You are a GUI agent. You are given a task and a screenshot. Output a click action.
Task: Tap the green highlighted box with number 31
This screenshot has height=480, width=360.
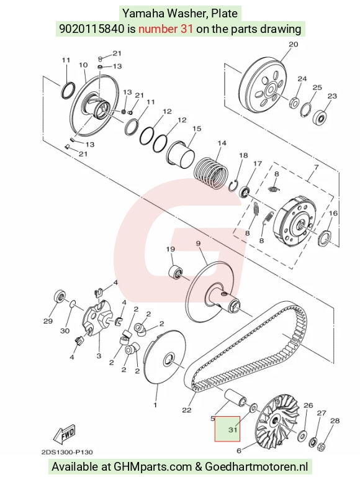point(227,428)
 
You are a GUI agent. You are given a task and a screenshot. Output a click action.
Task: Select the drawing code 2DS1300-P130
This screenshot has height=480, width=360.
point(67,452)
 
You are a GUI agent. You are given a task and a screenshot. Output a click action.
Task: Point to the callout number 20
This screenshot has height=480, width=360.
point(293,44)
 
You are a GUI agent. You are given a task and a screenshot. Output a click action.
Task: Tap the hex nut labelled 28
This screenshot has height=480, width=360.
point(321,446)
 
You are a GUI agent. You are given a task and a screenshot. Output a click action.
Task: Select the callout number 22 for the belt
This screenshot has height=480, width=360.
point(187,410)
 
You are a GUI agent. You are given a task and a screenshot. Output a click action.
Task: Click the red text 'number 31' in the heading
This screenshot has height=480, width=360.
point(166,29)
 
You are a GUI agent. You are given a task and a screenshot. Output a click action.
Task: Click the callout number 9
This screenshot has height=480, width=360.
point(198,243)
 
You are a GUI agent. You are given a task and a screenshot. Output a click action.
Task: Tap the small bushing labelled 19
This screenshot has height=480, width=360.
point(176,271)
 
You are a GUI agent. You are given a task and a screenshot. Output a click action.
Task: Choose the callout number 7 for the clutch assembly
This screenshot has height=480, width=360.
point(316,168)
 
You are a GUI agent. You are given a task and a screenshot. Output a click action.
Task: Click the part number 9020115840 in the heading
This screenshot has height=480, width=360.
point(92,29)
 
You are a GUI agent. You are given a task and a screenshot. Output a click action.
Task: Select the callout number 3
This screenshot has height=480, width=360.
point(99,356)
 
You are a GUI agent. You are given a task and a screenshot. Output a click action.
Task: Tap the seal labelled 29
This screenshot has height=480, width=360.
point(59,296)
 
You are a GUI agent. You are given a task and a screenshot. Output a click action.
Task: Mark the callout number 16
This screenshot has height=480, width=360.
point(333,213)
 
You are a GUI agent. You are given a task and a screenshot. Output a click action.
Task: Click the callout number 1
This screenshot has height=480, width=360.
point(155,405)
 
